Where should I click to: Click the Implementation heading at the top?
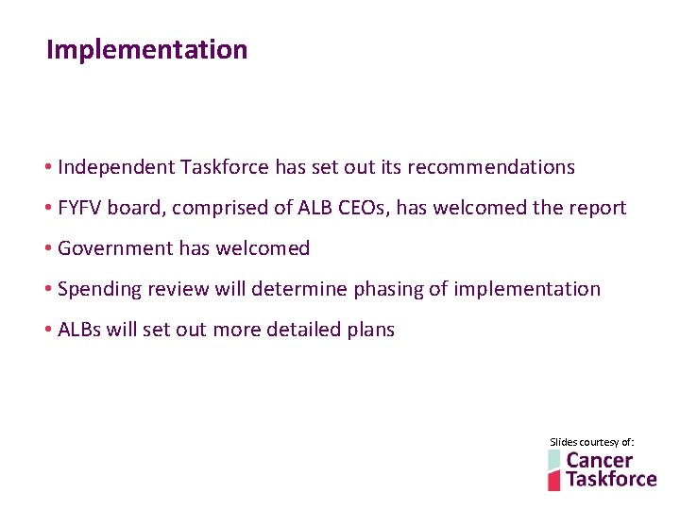[x=146, y=49]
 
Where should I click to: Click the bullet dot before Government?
[x=47, y=248]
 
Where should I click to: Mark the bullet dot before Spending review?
[x=47, y=289]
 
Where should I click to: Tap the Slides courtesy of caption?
[x=592, y=442]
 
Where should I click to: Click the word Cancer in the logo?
[x=599, y=460]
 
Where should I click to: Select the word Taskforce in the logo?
[x=610, y=479]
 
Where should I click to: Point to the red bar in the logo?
[x=554, y=481]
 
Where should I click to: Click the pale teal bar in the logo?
[x=553, y=460]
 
